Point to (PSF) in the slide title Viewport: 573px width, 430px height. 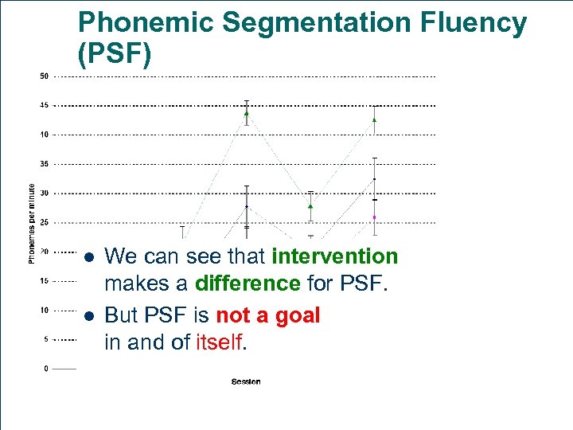[114, 55]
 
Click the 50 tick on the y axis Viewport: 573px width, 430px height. [45, 76]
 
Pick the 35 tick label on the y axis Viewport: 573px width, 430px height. [45, 164]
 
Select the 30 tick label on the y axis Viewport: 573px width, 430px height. [45, 193]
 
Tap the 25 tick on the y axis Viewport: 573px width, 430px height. [45, 222]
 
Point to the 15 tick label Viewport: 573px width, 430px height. [45, 280]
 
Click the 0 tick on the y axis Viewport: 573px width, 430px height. [46, 368]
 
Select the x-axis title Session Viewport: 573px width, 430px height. [246, 382]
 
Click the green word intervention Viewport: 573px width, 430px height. [334, 256]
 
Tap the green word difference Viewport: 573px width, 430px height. [248, 284]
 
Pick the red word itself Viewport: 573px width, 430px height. [220, 343]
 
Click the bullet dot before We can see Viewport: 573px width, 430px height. [89, 257]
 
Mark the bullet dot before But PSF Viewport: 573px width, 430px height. [89, 316]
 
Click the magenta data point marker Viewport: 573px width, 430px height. [375, 217]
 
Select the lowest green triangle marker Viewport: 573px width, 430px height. [310, 205]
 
